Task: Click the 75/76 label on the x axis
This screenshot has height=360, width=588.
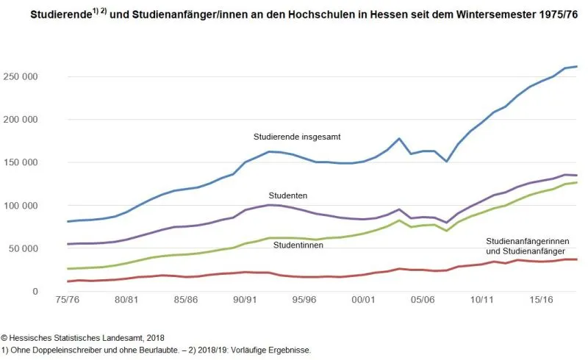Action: pyautogui.click(x=68, y=300)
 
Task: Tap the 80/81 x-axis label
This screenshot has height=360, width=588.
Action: pyautogui.click(x=127, y=300)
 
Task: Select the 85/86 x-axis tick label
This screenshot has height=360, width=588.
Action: pyautogui.click(x=186, y=300)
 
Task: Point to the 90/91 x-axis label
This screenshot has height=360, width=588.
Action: pyautogui.click(x=245, y=300)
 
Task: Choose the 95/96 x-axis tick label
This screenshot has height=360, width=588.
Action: pyautogui.click(x=304, y=300)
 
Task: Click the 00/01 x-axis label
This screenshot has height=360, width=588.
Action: pyautogui.click(x=364, y=300)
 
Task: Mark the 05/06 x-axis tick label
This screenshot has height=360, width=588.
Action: pyautogui.click(x=423, y=300)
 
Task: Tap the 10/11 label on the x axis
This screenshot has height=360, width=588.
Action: pyautogui.click(x=482, y=300)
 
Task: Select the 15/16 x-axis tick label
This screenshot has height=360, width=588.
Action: pyautogui.click(x=541, y=300)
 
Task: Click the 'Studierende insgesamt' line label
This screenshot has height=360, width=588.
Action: pyautogui.click(x=297, y=137)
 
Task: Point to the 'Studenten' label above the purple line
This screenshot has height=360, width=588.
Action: pyautogui.click(x=287, y=195)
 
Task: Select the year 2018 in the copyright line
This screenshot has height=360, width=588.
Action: pyautogui.click(x=151, y=336)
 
